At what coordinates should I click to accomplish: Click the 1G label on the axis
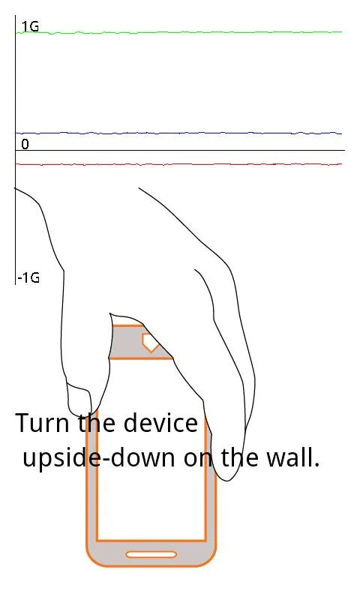(x=30, y=27)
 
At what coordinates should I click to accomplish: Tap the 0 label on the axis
(x=25, y=144)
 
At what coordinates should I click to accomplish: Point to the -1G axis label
(x=28, y=277)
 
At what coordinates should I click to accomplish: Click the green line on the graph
(x=178, y=32)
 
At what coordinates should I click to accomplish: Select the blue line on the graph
(x=178, y=133)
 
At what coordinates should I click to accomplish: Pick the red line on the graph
(x=178, y=164)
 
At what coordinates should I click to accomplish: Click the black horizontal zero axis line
(x=180, y=151)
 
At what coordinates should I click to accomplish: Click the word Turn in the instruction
(x=43, y=423)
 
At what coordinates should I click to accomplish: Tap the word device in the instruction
(x=160, y=423)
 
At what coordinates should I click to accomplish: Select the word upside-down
(x=99, y=457)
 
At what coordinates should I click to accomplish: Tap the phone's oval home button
(x=151, y=554)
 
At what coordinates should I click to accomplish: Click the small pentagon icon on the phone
(x=150, y=343)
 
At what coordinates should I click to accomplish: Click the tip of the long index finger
(x=228, y=478)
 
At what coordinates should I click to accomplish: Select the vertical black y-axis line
(x=15, y=150)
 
